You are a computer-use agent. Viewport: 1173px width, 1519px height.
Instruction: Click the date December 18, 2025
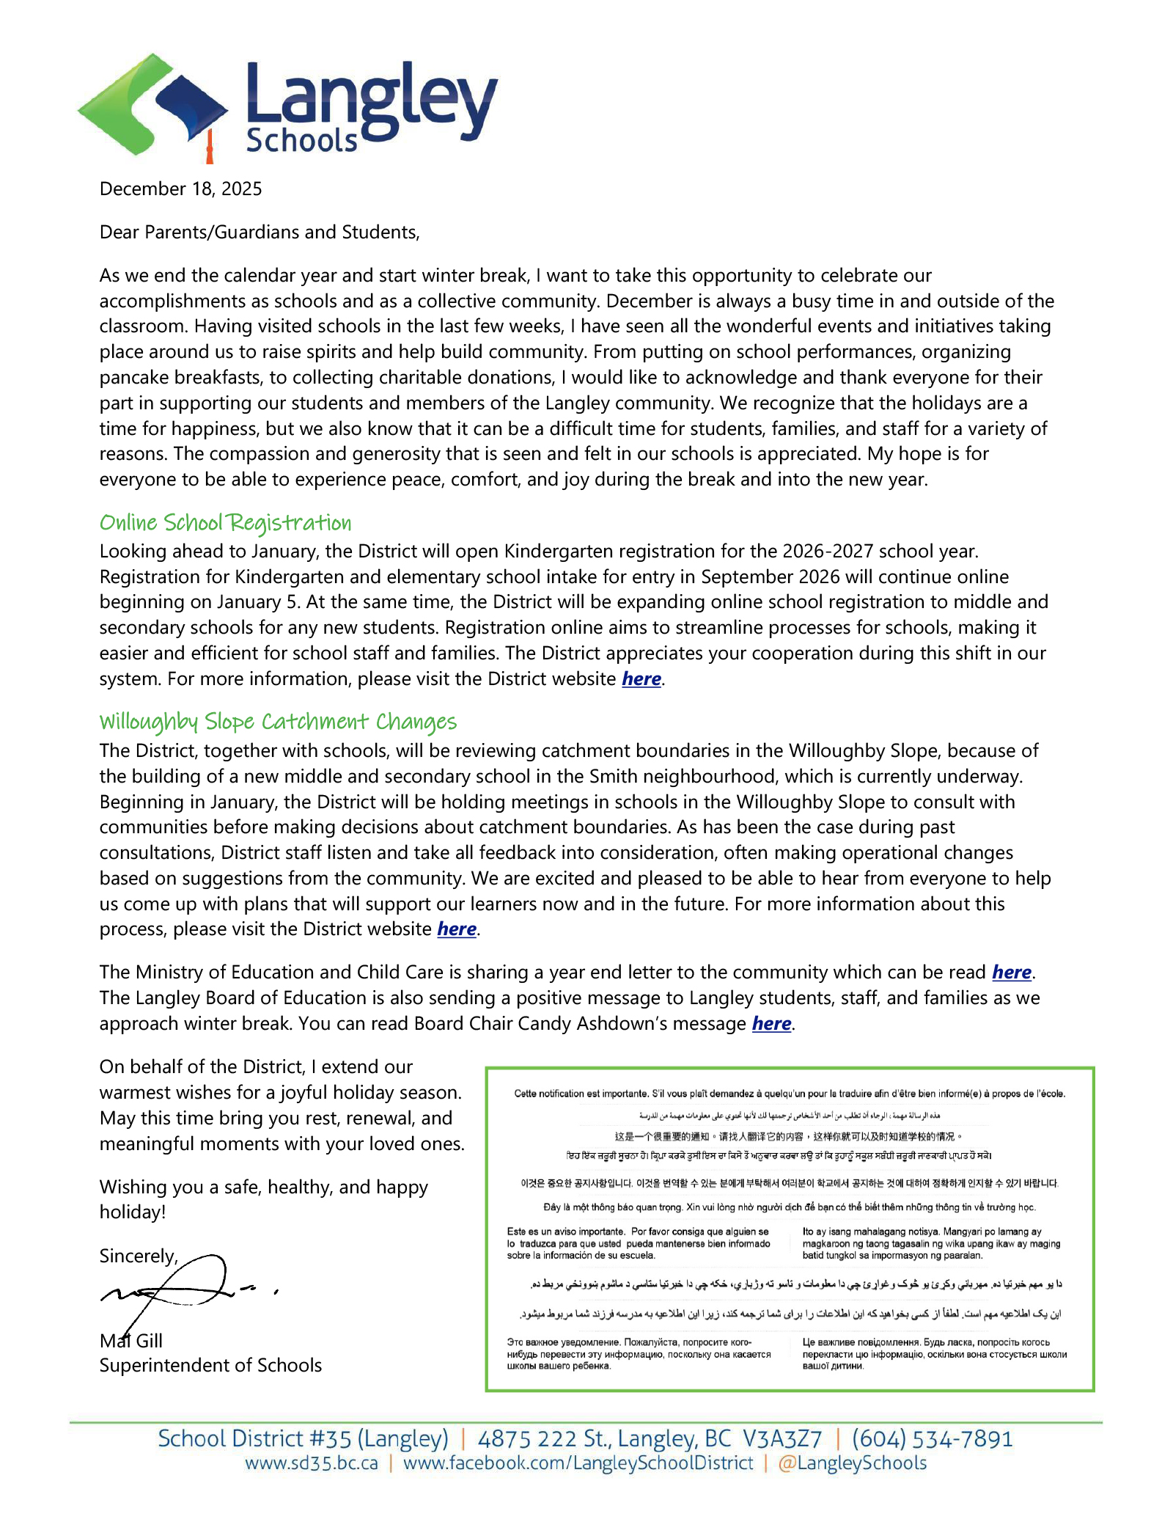(x=180, y=189)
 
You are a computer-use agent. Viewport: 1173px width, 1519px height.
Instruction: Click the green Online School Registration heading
(x=225, y=523)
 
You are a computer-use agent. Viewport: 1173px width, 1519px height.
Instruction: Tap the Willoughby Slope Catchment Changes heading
(x=278, y=722)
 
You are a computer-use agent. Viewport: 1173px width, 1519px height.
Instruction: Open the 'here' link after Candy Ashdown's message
(x=771, y=1024)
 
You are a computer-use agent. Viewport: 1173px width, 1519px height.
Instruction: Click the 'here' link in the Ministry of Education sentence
(x=1012, y=973)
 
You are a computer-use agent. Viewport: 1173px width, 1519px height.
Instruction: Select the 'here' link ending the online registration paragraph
(x=641, y=679)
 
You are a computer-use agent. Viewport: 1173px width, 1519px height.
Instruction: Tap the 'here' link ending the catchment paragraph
(x=457, y=929)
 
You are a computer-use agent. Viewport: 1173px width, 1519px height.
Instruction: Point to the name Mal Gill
(x=131, y=1341)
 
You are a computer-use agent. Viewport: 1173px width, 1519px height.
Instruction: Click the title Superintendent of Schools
(x=210, y=1365)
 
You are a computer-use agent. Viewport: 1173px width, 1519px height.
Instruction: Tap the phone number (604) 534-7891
(x=932, y=1438)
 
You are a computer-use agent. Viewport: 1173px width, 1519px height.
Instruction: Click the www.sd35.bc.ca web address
(x=312, y=1463)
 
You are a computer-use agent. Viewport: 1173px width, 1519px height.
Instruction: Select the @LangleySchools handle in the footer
(x=852, y=1463)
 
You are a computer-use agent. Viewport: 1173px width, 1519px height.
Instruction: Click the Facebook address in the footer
(x=578, y=1463)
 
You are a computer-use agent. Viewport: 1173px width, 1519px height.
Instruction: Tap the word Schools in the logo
(x=301, y=140)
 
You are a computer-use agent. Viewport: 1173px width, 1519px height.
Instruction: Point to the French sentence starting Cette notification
(x=789, y=1094)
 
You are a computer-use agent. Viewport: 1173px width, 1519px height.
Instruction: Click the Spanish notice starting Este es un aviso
(x=638, y=1243)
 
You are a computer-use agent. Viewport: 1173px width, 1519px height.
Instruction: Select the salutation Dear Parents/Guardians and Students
(x=260, y=233)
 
